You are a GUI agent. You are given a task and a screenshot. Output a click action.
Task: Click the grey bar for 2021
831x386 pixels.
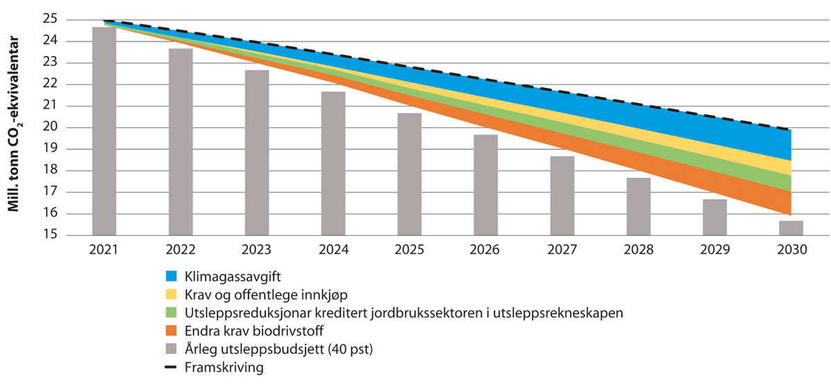click(105, 131)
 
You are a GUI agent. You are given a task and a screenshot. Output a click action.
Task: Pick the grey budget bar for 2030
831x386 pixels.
click(792, 228)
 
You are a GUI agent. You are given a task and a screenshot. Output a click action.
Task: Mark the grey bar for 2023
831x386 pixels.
click(257, 153)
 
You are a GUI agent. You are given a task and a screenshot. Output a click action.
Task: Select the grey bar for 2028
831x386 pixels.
click(638, 207)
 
